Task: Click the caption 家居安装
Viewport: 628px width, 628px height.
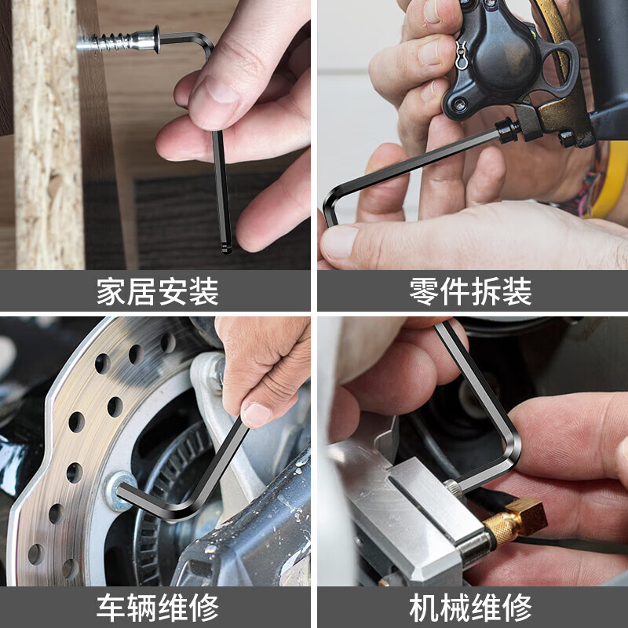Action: (157, 291)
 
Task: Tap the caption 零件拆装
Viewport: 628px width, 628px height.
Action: (471, 291)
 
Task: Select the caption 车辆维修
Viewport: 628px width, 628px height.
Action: (157, 607)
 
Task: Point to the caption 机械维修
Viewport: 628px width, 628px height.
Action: (471, 607)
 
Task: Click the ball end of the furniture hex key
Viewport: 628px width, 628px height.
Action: (226, 247)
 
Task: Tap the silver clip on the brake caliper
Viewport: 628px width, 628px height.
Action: (461, 55)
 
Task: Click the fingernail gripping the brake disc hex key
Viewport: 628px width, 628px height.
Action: (256, 414)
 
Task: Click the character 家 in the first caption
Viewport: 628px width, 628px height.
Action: (111, 291)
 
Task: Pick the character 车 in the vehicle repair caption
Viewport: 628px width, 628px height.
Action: (111, 607)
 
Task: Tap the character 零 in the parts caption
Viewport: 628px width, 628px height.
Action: (425, 291)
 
